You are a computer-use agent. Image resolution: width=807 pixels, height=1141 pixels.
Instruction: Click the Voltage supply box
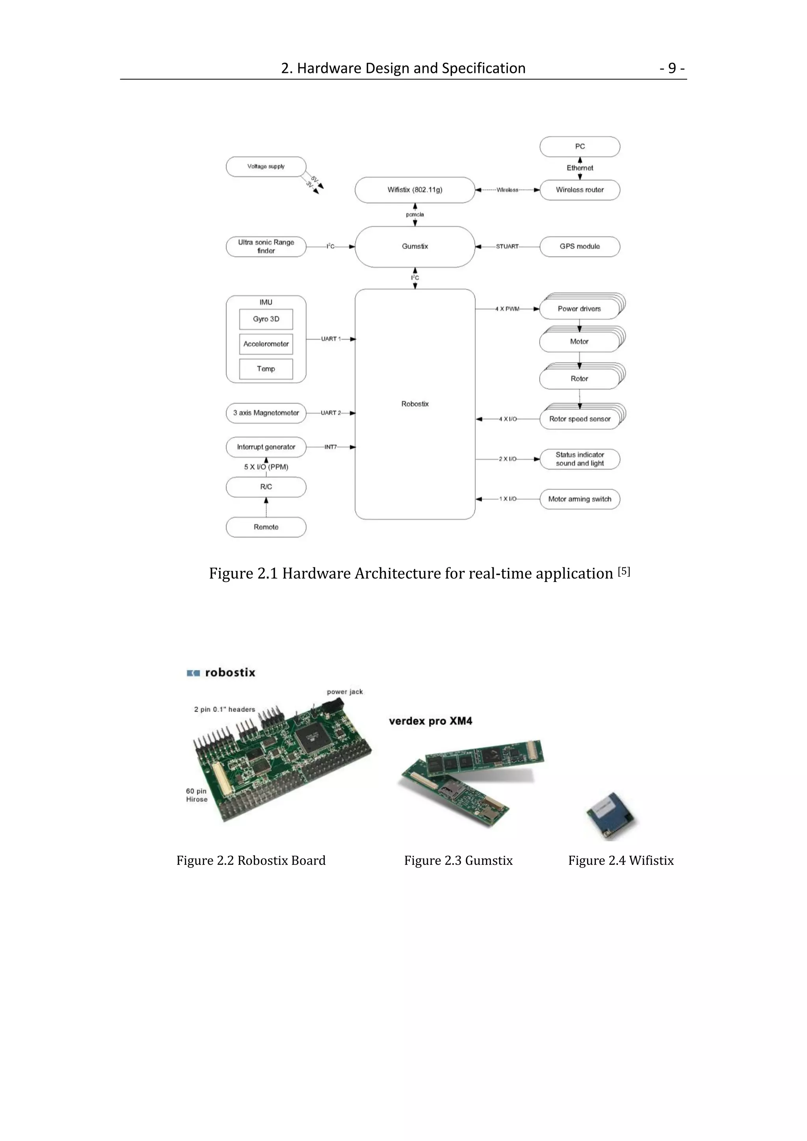click(266, 167)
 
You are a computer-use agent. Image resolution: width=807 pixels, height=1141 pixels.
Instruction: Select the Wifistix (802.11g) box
click(415, 190)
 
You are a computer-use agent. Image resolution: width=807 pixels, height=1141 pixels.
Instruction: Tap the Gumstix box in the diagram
click(415, 247)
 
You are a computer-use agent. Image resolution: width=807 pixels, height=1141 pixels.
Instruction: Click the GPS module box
click(579, 247)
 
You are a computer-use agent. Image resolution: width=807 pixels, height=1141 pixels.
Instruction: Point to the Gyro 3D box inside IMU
click(266, 319)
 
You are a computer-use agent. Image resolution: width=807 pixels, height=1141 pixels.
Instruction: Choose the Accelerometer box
click(266, 344)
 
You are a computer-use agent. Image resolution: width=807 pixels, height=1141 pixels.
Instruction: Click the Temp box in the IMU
click(266, 369)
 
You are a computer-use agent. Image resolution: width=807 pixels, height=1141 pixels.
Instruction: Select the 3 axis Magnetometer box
click(266, 413)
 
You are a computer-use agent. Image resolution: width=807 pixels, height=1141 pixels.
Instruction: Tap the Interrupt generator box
click(266, 447)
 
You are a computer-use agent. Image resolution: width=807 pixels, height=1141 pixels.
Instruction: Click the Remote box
click(266, 527)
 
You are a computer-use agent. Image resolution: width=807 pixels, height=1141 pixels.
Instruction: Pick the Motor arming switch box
click(579, 499)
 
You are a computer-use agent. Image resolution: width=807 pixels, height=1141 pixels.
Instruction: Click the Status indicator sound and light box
click(579, 459)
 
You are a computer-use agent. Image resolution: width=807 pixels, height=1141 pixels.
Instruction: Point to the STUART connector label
click(507, 247)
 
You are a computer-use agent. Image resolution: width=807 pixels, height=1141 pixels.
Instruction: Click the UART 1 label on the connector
click(331, 339)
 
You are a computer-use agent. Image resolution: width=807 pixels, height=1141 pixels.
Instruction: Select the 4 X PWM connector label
click(507, 309)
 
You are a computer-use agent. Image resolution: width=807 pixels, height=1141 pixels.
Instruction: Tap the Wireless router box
click(579, 190)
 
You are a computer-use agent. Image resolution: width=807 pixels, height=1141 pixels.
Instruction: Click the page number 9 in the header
click(672, 68)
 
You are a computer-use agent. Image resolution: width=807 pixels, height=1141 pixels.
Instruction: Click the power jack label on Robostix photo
click(344, 692)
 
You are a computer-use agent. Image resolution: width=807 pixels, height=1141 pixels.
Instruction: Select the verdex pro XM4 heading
click(430, 721)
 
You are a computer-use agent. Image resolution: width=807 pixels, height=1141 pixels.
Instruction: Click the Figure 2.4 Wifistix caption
click(621, 860)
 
